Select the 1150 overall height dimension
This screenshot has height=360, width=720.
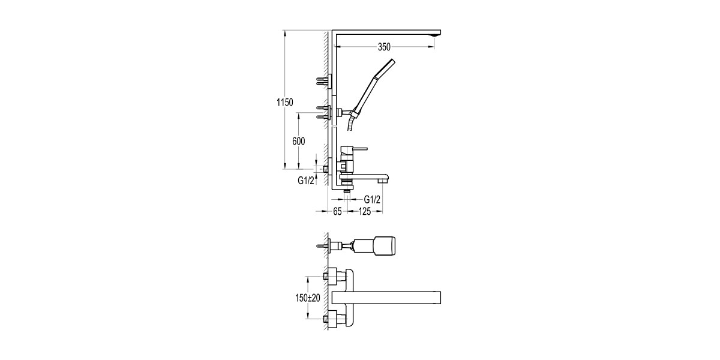(x=284, y=103)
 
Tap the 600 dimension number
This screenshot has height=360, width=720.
(x=299, y=142)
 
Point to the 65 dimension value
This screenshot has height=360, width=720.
(x=337, y=211)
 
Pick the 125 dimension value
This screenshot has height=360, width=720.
(x=367, y=211)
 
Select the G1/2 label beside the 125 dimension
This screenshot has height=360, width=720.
(x=372, y=199)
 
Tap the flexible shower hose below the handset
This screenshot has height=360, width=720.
(x=351, y=124)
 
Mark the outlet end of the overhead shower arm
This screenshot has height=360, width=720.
(x=435, y=35)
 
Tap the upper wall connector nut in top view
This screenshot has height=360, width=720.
(x=329, y=276)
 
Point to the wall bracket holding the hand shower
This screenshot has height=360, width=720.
(x=341, y=112)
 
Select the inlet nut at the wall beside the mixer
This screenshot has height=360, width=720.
(x=326, y=169)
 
